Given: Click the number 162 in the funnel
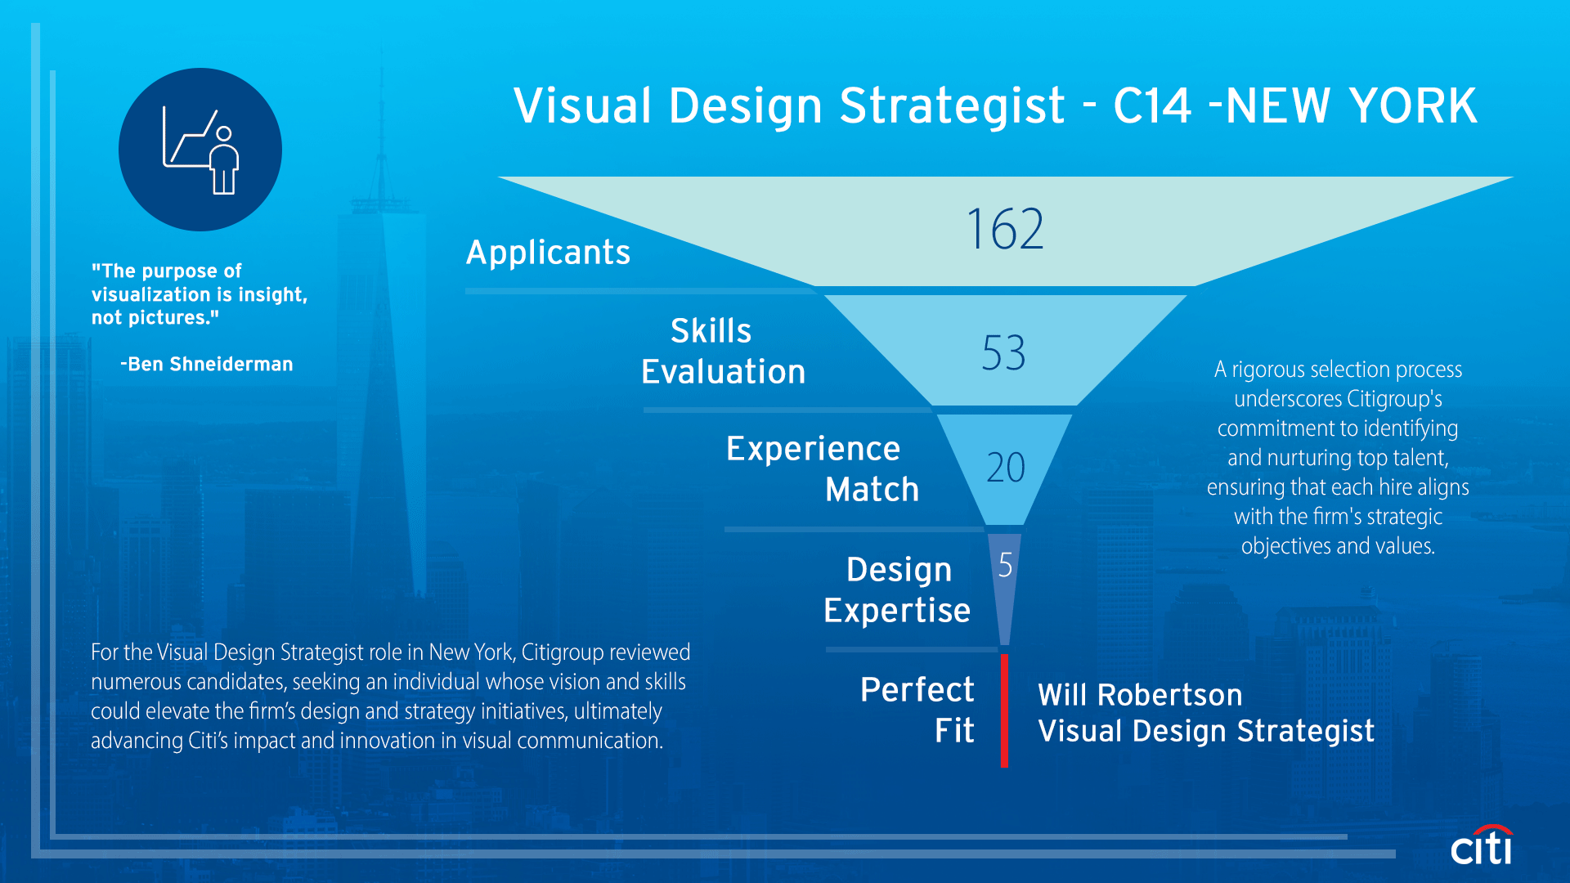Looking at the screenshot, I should (x=1005, y=229).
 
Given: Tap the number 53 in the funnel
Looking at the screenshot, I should (x=1003, y=353).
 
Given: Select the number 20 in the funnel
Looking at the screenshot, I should (x=1005, y=468).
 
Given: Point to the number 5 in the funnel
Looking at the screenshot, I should (x=1005, y=565).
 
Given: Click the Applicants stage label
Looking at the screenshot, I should (x=548, y=253).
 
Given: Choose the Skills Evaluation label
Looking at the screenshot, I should (x=723, y=352).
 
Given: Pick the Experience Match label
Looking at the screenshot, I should (x=822, y=469).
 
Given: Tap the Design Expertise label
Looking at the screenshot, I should (x=897, y=590).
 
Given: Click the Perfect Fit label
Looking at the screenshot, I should (x=917, y=710).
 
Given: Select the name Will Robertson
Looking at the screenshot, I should (x=1140, y=695).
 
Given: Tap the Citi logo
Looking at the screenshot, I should (x=1482, y=846).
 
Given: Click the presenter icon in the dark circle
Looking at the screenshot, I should (x=200, y=150).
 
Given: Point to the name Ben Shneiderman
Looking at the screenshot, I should (x=210, y=365).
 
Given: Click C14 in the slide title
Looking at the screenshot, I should (x=1152, y=106).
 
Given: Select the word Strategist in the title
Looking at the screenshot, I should (x=952, y=106).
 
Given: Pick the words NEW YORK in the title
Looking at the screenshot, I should (x=1352, y=106).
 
